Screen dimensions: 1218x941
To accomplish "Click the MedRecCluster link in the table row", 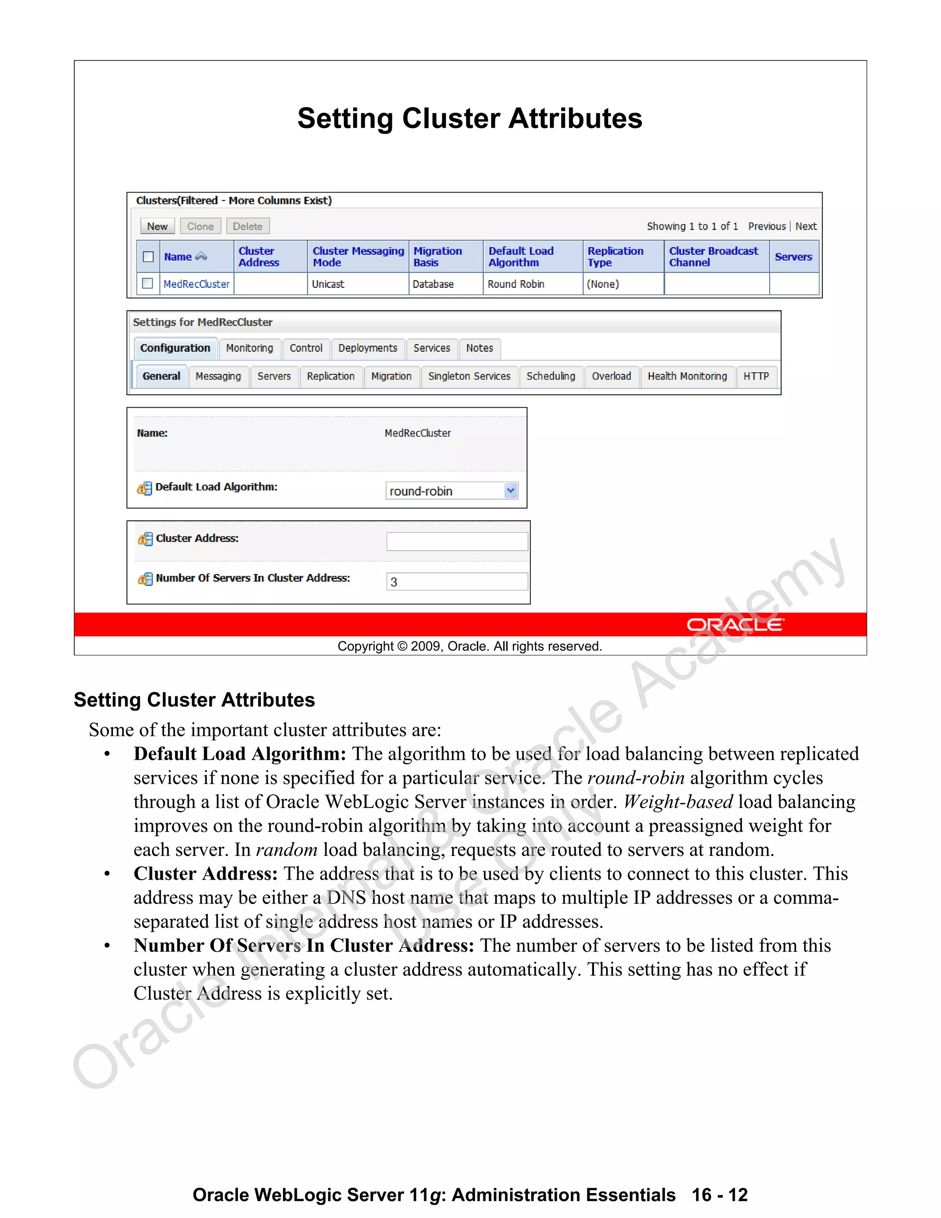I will coord(196,284).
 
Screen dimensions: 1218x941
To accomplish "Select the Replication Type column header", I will coord(615,256).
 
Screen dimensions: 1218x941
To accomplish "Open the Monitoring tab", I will coord(249,348).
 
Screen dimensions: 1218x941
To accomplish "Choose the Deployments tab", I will coord(368,348).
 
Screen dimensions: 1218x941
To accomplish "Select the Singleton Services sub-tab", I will coord(469,376).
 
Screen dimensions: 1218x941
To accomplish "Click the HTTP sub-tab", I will coord(755,376).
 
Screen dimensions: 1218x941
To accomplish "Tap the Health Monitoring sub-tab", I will coord(687,376).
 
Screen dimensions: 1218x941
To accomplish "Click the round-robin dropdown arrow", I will coord(510,491).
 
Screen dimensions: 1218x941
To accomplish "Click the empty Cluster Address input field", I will coord(457,541).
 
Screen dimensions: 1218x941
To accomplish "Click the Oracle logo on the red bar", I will coord(735,625).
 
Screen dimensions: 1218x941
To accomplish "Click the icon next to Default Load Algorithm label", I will coord(144,488).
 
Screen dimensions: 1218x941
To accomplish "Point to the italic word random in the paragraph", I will coord(287,849).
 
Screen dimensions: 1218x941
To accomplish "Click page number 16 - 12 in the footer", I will coord(719,1195).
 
